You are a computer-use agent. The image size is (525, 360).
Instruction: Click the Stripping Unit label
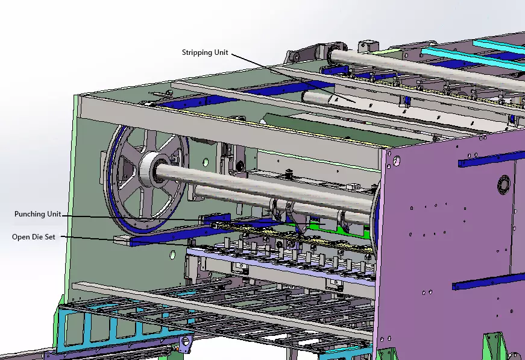pyautogui.click(x=205, y=52)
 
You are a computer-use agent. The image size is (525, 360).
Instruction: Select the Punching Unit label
pyautogui.click(x=38, y=214)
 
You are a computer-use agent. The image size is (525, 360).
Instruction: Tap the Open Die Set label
pyautogui.click(x=34, y=237)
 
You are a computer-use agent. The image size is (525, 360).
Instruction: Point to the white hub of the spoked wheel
pyautogui.click(x=150, y=169)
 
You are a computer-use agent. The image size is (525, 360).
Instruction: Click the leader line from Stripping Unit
pyautogui.click(x=294, y=78)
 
